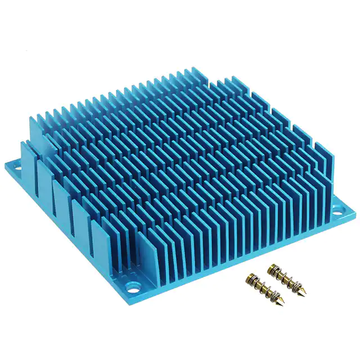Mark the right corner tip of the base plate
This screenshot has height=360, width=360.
pyautogui.click(x=355, y=212)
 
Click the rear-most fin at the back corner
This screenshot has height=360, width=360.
pyautogui.click(x=197, y=76)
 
